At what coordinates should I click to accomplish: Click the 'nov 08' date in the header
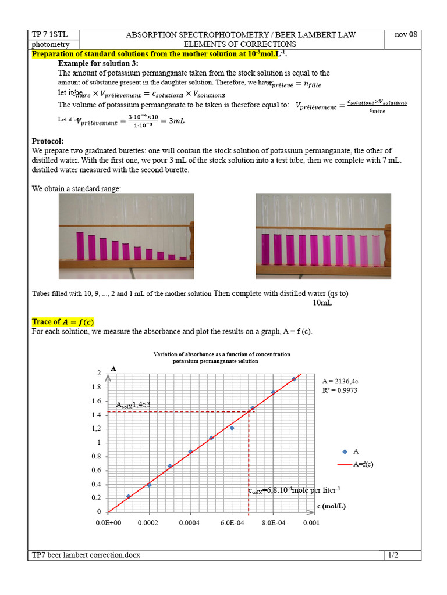(406, 35)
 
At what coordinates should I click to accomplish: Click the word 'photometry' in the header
(51, 44)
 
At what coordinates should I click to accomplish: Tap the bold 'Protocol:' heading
(48, 141)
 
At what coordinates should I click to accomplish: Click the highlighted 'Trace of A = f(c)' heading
(63, 322)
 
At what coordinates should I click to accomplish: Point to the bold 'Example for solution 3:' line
(98, 63)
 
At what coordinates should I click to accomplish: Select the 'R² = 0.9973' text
(339, 390)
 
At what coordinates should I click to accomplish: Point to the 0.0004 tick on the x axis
(190, 523)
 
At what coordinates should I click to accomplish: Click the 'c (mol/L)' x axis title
(331, 506)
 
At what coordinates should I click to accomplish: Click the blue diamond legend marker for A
(345, 451)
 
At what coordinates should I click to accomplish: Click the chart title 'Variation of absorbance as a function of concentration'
(222, 354)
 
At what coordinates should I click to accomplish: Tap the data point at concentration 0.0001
(129, 497)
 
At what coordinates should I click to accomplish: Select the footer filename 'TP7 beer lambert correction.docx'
(86, 555)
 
